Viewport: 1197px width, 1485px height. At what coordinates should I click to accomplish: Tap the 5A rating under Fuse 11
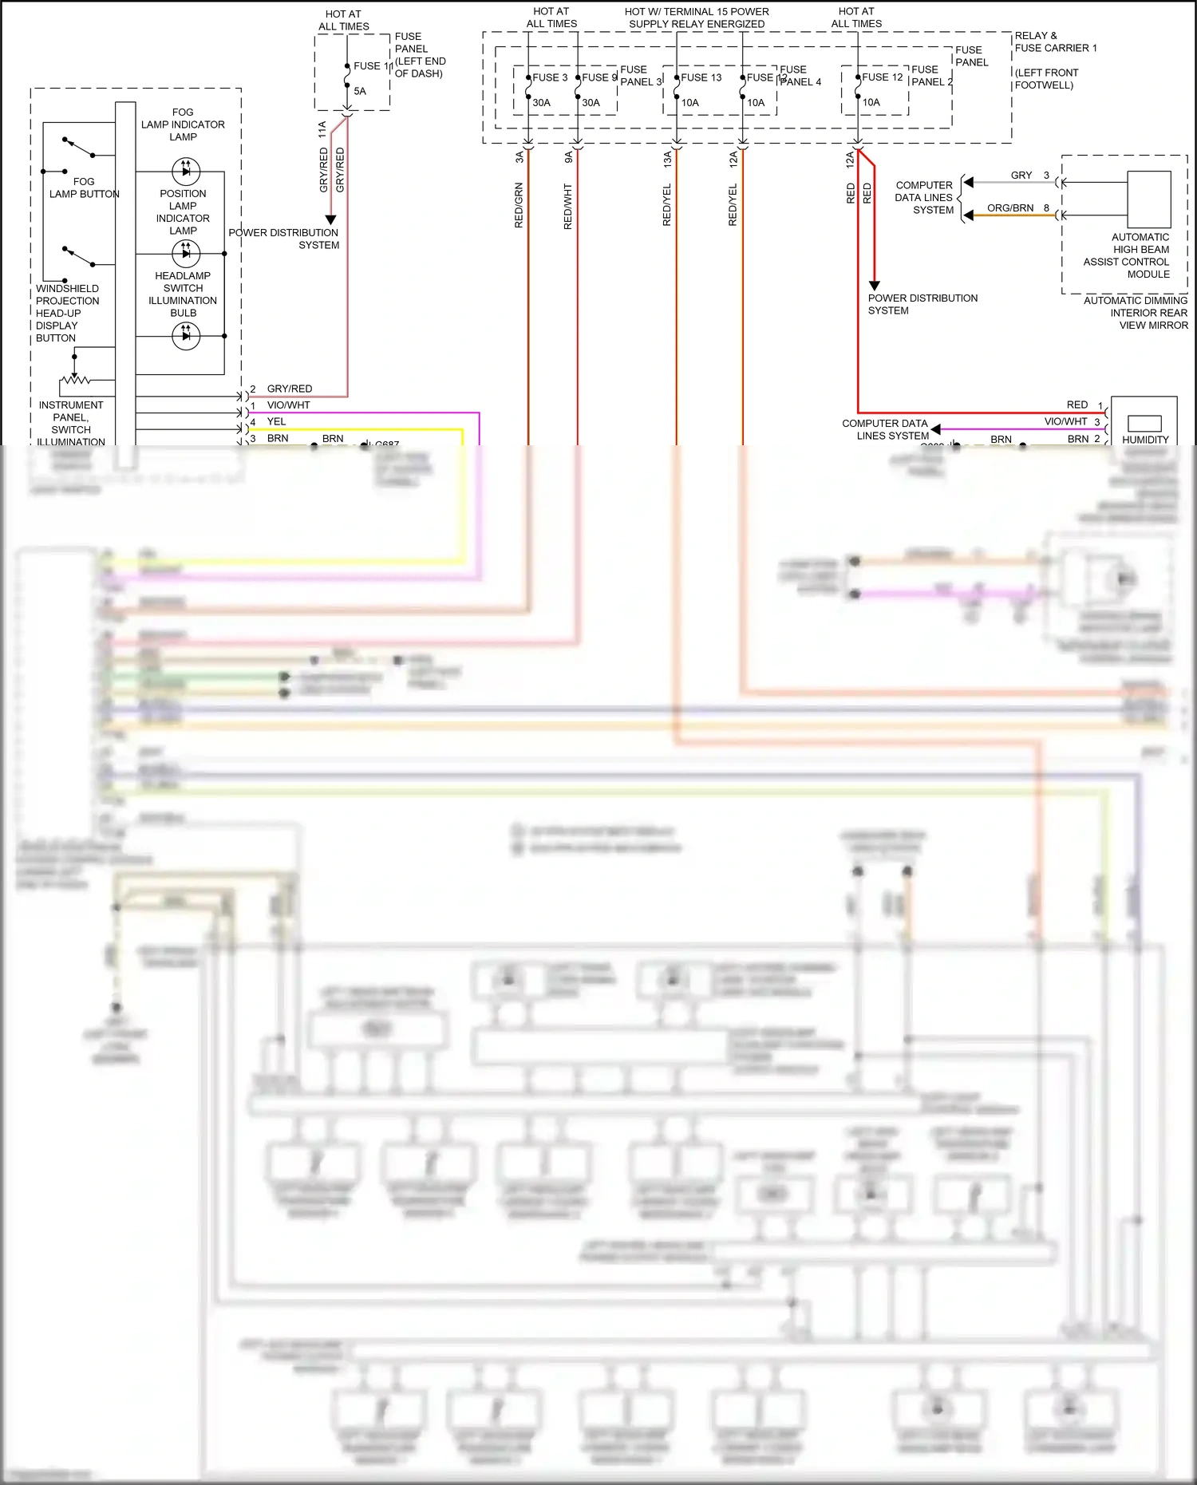point(360,91)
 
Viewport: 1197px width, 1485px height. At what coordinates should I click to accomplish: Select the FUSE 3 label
point(550,77)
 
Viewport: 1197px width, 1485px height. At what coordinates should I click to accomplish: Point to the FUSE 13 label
point(701,77)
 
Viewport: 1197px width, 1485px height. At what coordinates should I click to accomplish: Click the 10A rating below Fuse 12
point(871,102)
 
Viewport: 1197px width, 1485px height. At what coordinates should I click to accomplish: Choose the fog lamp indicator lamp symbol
point(186,170)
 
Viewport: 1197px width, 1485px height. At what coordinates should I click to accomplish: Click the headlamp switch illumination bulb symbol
point(186,336)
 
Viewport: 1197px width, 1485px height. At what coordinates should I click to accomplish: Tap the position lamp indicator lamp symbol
point(186,254)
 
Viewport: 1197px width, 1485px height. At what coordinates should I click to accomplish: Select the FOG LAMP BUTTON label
point(84,188)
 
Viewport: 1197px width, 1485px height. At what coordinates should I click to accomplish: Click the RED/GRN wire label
point(519,206)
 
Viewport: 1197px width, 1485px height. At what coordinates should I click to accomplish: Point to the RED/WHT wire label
point(568,207)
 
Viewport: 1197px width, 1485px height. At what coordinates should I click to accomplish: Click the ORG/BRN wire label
point(1009,208)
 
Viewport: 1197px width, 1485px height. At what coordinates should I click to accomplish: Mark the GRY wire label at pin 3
point(1021,176)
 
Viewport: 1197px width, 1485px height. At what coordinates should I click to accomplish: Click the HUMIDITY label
point(1144,440)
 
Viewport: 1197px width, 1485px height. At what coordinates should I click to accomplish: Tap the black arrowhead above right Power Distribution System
point(874,285)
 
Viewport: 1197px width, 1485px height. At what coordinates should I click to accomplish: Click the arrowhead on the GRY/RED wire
point(330,219)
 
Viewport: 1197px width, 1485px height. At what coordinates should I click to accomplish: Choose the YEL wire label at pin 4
point(276,421)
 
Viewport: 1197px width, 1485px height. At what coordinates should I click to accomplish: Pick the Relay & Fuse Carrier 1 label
point(1055,41)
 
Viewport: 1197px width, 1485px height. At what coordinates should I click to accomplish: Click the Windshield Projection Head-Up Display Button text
point(67,313)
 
